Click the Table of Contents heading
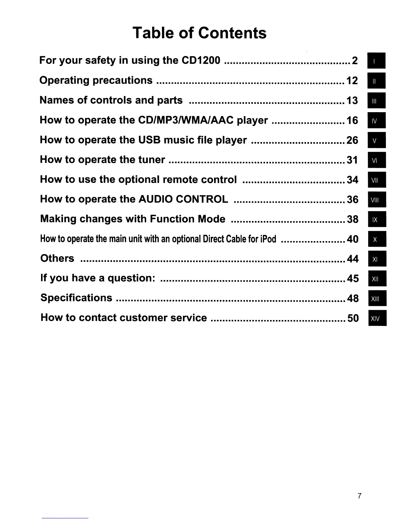point(199,33)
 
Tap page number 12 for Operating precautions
point(352,81)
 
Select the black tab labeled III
point(376,101)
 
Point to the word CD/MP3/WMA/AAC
point(186,120)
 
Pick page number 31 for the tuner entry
point(352,160)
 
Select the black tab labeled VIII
point(377,200)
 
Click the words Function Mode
point(188,219)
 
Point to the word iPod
point(268,239)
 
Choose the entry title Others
point(57,259)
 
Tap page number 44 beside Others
point(352,259)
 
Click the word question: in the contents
point(131,278)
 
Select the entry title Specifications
point(76,298)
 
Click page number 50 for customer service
point(353,318)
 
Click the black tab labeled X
point(377,239)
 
